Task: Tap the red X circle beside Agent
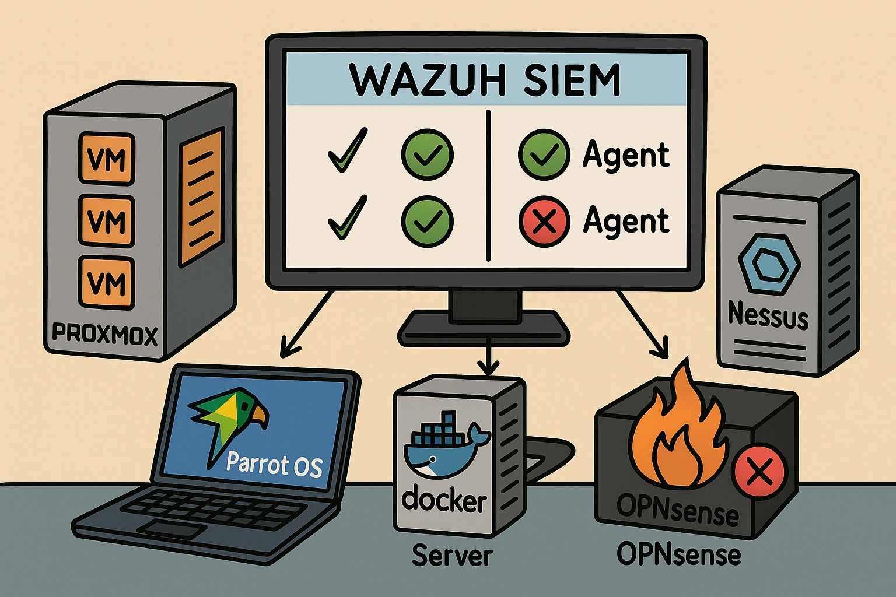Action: [544, 221]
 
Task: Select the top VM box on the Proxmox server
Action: [107, 158]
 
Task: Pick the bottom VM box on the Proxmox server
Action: [107, 283]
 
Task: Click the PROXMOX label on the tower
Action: [105, 335]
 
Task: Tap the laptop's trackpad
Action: [175, 529]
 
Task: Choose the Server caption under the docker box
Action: [452, 555]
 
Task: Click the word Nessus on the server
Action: [768, 316]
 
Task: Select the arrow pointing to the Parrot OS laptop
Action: [306, 324]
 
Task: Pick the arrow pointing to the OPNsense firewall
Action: [642, 324]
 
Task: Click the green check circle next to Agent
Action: [544, 154]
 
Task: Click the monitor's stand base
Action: [484, 329]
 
